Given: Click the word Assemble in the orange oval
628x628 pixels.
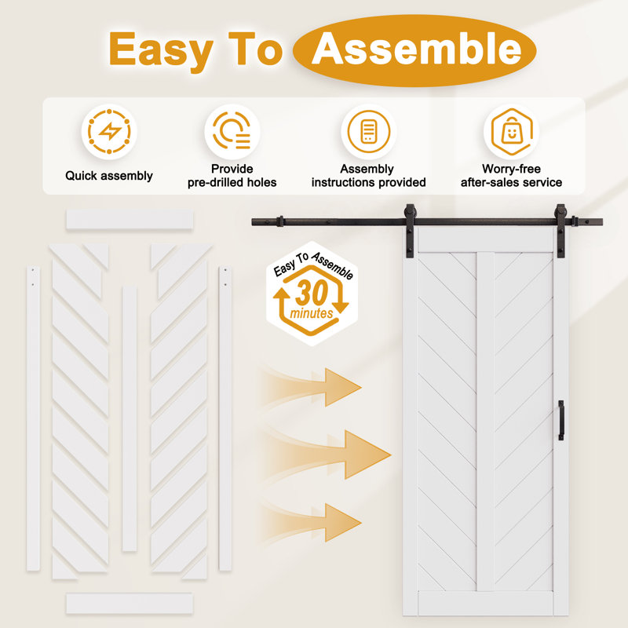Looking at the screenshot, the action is point(416,49).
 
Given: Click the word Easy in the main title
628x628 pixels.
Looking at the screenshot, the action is point(161,49).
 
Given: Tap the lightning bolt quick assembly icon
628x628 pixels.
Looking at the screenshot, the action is point(109,131).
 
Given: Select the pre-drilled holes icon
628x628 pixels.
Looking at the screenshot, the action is point(232,130).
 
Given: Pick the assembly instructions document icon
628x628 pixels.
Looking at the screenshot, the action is point(368,132).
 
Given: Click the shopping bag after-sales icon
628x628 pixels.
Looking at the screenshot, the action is point(512,131).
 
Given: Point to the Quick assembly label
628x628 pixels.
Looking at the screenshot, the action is point(109,175).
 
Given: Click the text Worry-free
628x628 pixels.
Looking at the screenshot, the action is point(511,169).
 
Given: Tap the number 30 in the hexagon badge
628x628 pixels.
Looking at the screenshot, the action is point(312,293).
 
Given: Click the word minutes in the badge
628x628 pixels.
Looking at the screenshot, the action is point(312,312).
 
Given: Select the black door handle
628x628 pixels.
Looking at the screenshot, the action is point(560,420).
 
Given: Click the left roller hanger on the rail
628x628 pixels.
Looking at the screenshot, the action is point(410,230).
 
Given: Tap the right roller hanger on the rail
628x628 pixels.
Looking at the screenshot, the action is point(560,230).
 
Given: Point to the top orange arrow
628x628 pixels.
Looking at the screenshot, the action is point(311,387).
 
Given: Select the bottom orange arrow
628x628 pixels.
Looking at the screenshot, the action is point(311,523).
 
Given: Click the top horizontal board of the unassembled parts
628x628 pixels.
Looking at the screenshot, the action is point(130,220).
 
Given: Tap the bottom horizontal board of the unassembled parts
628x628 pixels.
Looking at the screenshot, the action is point(130,603).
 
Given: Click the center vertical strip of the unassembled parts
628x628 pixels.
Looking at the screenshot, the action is point(130,418).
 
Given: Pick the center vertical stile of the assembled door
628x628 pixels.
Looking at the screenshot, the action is point(485,422).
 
